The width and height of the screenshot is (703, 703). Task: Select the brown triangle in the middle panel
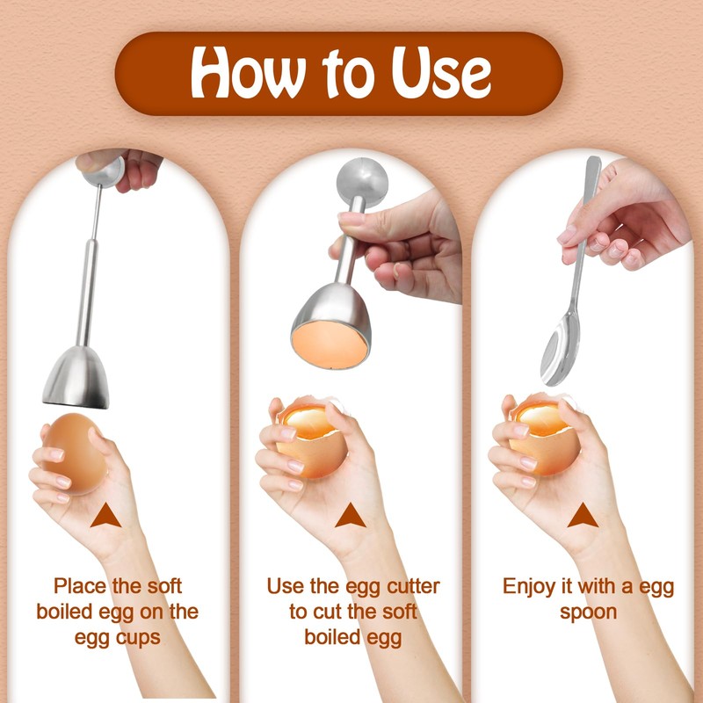pyautogui.click(x=349, y=516)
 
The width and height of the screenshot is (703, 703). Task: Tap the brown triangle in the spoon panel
pyautogui.click(x=583, y=517)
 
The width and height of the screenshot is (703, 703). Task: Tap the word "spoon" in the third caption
pyautogui.click(x=588, y=612)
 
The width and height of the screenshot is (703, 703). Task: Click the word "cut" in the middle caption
pyautogui.click(x=325, y=612)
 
